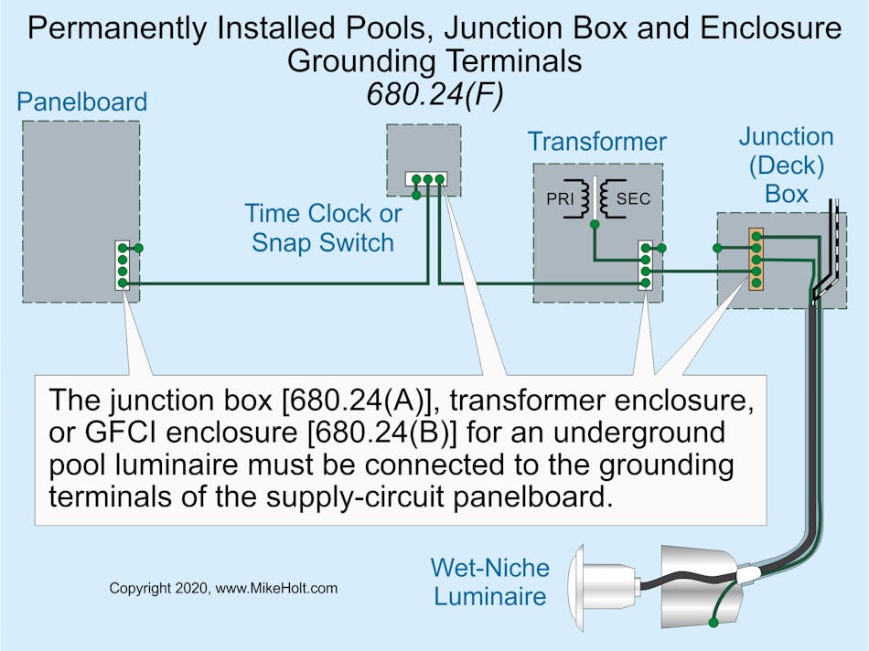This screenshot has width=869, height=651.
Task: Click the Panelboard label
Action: (81, 101)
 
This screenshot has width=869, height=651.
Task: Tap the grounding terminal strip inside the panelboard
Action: (123, 265)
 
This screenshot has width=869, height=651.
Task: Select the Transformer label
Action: (596, 142)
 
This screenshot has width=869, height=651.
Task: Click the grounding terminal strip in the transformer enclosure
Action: (646, 265)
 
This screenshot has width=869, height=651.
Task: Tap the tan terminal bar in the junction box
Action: (756, 259)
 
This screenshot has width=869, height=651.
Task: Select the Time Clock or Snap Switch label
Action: (323, 229)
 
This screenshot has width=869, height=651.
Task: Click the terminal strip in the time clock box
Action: (426, 178)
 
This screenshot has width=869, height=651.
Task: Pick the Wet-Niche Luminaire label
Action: (490, 582)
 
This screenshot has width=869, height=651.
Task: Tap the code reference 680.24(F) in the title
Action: (434, 93)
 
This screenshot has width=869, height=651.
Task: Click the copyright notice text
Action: (223, 589)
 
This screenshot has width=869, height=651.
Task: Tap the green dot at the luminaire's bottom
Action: (713, 623)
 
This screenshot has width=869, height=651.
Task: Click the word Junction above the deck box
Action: (787, 137)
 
